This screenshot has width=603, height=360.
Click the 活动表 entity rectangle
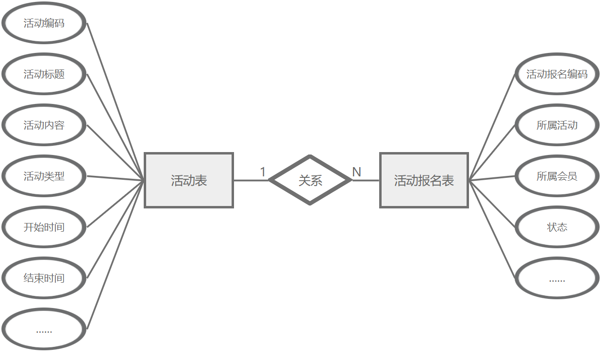click(x=189, y=180)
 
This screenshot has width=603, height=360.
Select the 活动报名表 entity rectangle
click(x=424, y=180)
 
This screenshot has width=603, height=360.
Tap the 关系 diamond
click(x=310, y=180)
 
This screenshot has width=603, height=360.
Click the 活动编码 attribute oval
click(x=44, y=23)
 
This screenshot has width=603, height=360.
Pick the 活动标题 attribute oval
click(x=44, y=74)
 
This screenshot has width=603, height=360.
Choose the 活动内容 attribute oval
click(x=44, y=125)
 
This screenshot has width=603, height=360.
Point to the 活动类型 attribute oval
click(x=44, y=176)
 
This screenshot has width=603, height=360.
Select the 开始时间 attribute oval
click(x=44, y=227)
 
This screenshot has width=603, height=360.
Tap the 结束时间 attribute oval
click(x=44, y=278)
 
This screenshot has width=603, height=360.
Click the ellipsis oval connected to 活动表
click(x=44, y=329)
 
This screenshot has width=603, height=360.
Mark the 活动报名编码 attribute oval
click(x=557, y=74)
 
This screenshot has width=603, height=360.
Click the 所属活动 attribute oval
click(x=557, y=125)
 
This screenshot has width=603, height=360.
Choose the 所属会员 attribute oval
click(x=557, y=176)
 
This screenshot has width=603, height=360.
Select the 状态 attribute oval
click(x=557, y=227)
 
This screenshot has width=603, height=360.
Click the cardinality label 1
click(x=263, y=172)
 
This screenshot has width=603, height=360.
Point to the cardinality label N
click(x=356, y=172)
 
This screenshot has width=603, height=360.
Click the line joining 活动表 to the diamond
click(x=251, y=180)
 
